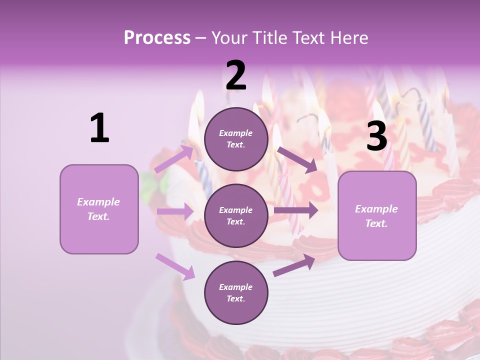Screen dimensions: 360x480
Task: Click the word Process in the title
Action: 157,37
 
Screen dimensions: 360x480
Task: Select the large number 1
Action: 99,128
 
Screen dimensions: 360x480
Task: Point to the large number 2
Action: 236,75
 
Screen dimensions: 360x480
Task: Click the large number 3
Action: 376,136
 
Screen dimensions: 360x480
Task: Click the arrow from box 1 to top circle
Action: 174,159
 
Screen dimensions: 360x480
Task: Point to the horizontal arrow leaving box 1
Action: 175,211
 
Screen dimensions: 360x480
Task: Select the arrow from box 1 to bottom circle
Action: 175,266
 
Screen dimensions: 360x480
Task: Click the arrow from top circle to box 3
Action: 297,159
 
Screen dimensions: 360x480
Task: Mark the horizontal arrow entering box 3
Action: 296,210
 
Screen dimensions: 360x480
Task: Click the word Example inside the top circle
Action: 236,133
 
